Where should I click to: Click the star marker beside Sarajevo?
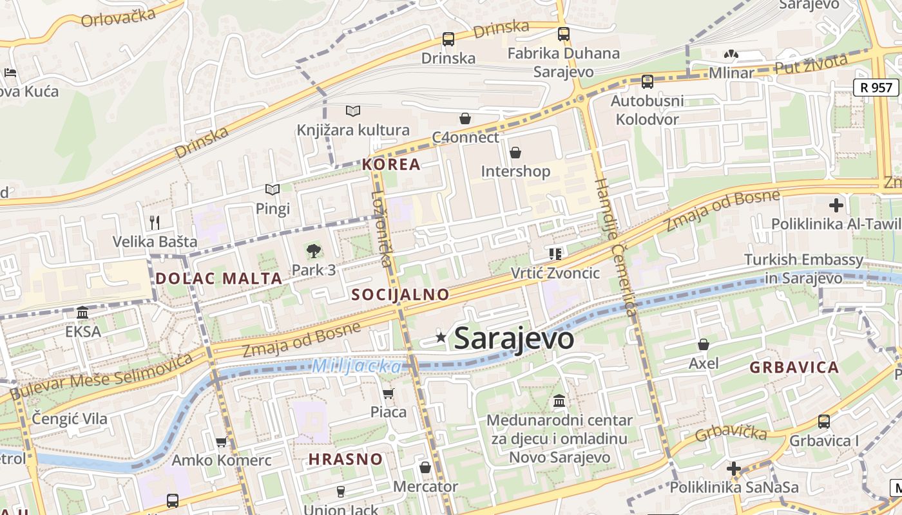(x=441, y=337)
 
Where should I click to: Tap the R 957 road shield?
(x=876, y=88)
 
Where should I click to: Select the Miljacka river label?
(x=356, y=366)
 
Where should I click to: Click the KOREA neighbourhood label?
(x=391, y=164)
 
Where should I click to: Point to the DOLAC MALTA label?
(x=218, y=279)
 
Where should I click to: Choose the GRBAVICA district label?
(x=794, y=368)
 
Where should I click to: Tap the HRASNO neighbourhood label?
(x=345, y=460)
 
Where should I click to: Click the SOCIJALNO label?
(x=400, y=295)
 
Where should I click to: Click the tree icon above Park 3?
(x=314, y=251)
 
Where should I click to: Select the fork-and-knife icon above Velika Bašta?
(x=155, y=223)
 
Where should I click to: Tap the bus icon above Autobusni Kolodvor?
(x=647, y=82)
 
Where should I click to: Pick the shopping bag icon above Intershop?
(x=515, y=153)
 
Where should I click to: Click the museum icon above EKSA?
(x=82, y=313)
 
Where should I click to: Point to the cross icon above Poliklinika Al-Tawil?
(x=836, y=205)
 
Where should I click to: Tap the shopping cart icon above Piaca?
(x=388, y=393)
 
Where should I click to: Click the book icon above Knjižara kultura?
(x=352, y=111)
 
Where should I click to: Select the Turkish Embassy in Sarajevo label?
(x=803, y=269)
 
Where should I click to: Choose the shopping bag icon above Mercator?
(x=425, y=467)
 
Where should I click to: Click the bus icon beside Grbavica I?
(x=823, y=422)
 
